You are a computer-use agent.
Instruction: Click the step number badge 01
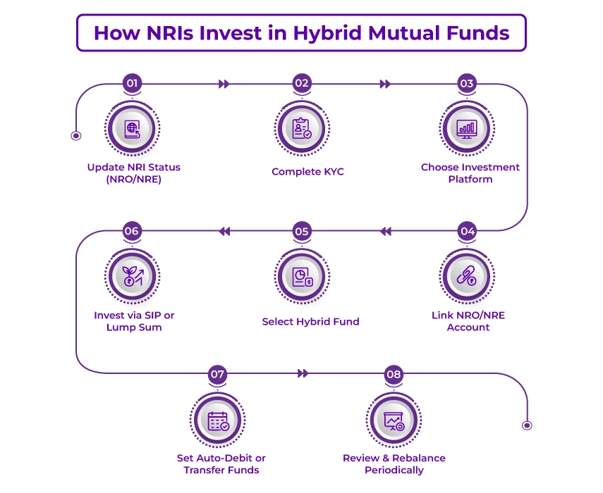[x=132, y=83]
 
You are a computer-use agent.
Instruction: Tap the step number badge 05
[x=302, y=231]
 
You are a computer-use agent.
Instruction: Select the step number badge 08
[x=394, y=374]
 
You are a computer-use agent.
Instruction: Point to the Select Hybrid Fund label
[x=310, y=322]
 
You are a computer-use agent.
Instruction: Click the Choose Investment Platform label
[x=470, y=173]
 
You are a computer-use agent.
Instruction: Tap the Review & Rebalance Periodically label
[x=394, y=464]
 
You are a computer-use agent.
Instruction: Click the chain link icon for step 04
[x=467, y=276]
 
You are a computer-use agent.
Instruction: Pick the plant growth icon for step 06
[x=133, y=276]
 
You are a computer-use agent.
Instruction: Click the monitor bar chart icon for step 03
[x=467, y=128]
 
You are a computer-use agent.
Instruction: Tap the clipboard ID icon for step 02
[x=302, y=128]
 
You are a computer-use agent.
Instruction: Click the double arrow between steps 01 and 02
[x=224, y=84]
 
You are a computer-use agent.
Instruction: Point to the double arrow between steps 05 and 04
[x=385, y=231]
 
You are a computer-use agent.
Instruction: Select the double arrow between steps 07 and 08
[x=303, y=373]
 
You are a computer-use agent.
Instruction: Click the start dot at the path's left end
[x=76, y=135]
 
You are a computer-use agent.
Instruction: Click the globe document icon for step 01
[x=133, y=128]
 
